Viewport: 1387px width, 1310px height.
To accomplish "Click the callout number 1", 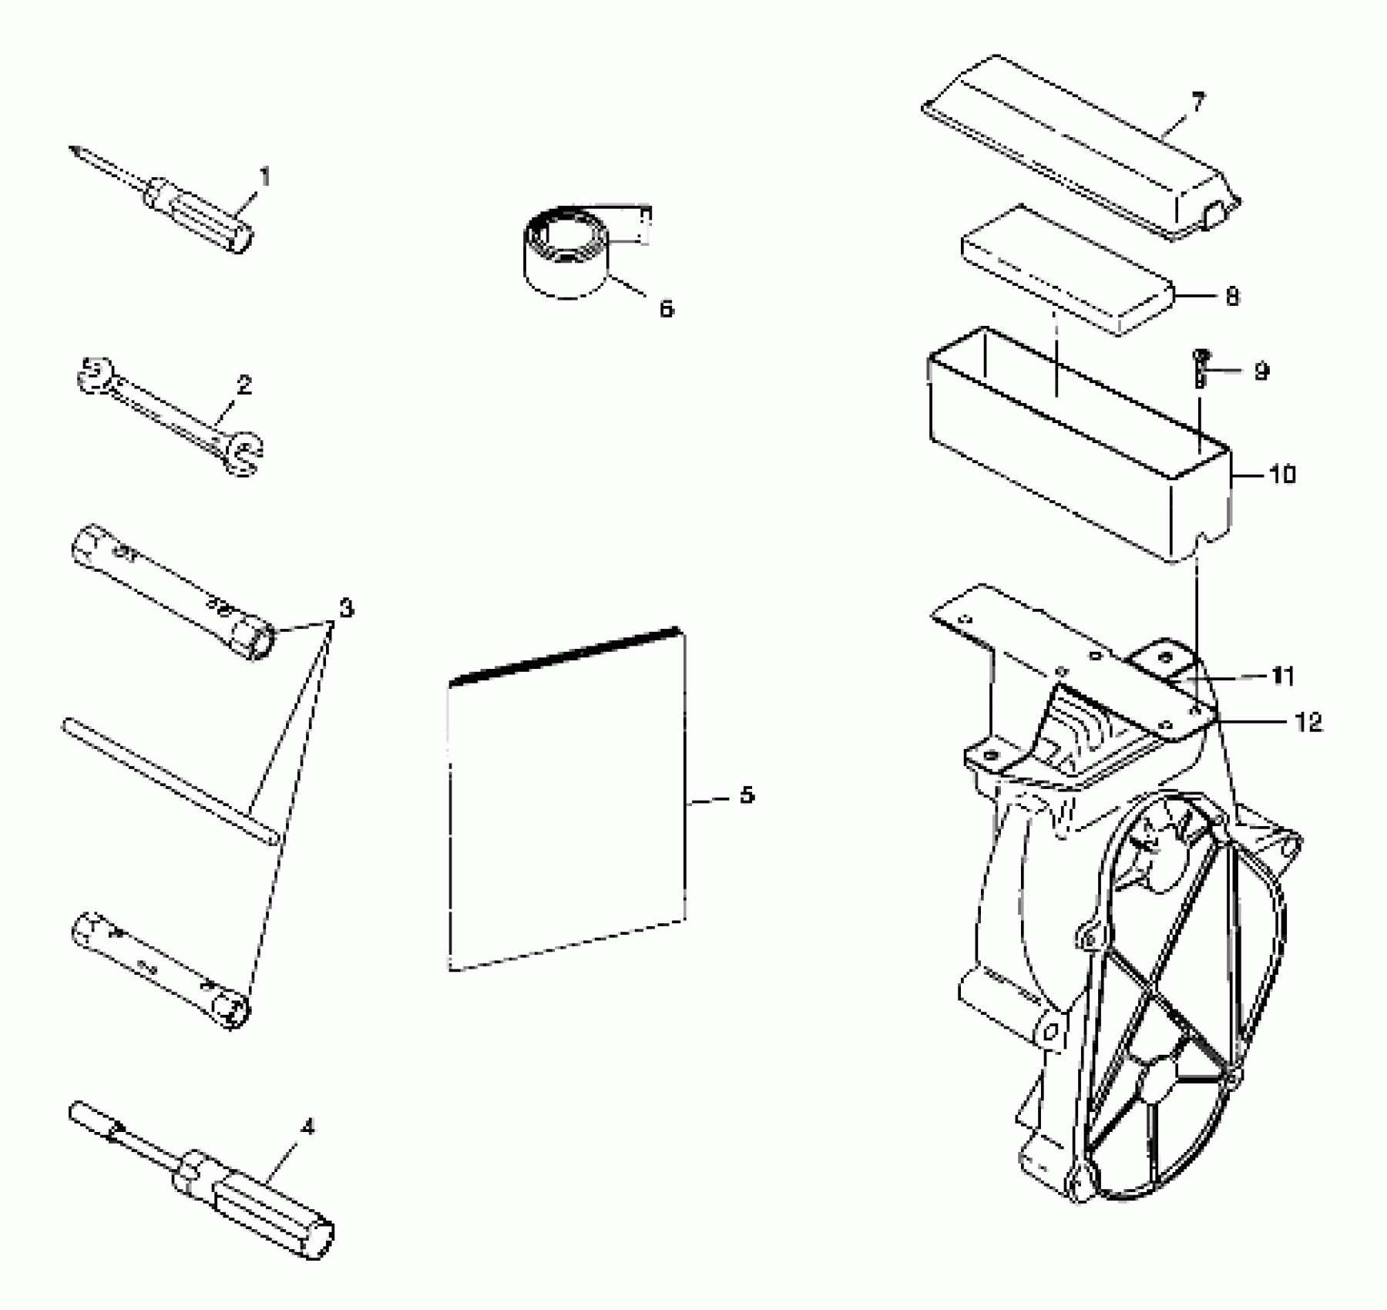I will point(265,178).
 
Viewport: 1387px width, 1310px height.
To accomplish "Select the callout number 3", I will point(346,608).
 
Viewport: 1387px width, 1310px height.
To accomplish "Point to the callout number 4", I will point(307,1128).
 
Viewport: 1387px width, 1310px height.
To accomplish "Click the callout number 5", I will point(746,795).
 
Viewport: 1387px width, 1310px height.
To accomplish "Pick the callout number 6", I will point(666,309).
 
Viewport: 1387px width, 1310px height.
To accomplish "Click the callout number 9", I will point(1261,371).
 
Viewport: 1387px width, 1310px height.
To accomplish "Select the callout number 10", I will point(1281,474).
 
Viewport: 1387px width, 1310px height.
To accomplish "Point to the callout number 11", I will point(1282,676).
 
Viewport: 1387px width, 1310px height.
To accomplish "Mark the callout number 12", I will point(1308,722).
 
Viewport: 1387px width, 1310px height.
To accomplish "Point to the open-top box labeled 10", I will point(1079,447).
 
